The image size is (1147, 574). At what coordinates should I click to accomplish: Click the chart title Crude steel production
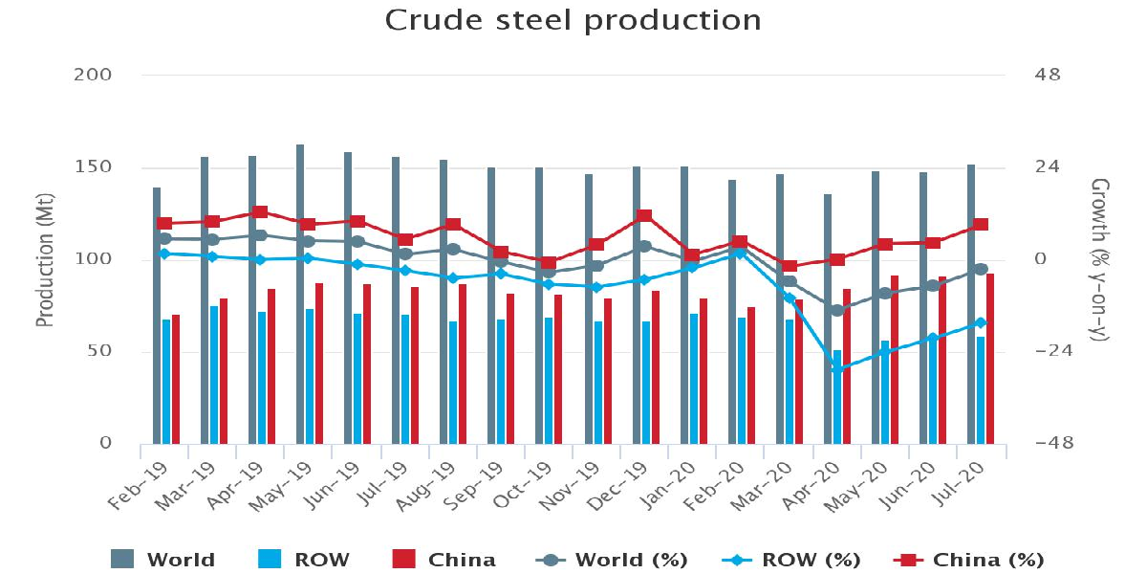[x=573, y=20]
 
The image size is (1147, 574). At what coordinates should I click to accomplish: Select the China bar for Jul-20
[x=990, y=359]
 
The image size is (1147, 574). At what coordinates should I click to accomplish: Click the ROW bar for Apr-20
[x=837, y=397]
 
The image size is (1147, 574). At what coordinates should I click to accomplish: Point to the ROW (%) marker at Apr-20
[x=837, y=369]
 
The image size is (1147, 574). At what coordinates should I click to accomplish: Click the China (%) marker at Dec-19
[x=644, y=216]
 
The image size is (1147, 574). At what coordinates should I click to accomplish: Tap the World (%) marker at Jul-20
[x=981, y=269]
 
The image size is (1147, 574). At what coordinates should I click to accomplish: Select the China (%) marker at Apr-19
[x=260, y=211]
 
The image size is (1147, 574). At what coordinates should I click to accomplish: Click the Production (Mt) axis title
[x=44, y=259]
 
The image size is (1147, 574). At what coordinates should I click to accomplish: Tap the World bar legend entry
[x=163, y=560]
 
